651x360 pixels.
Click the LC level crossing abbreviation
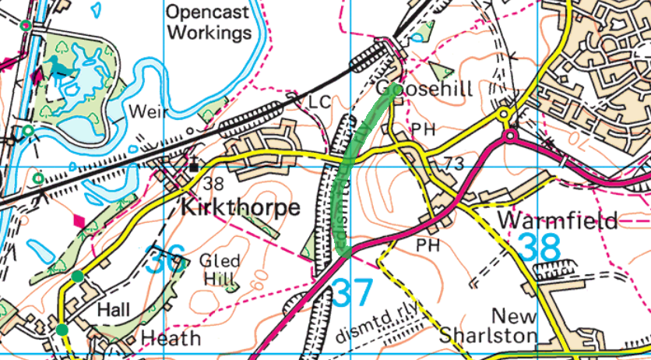tap(320, 102)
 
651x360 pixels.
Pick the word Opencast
tap(209, 12)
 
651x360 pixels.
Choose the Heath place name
tap(172, 337)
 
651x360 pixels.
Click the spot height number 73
tap(455, 164)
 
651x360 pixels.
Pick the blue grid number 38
tap(540, 248)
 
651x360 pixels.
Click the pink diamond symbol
tap(79, 221)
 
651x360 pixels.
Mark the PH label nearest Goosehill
tap(423, 129)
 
